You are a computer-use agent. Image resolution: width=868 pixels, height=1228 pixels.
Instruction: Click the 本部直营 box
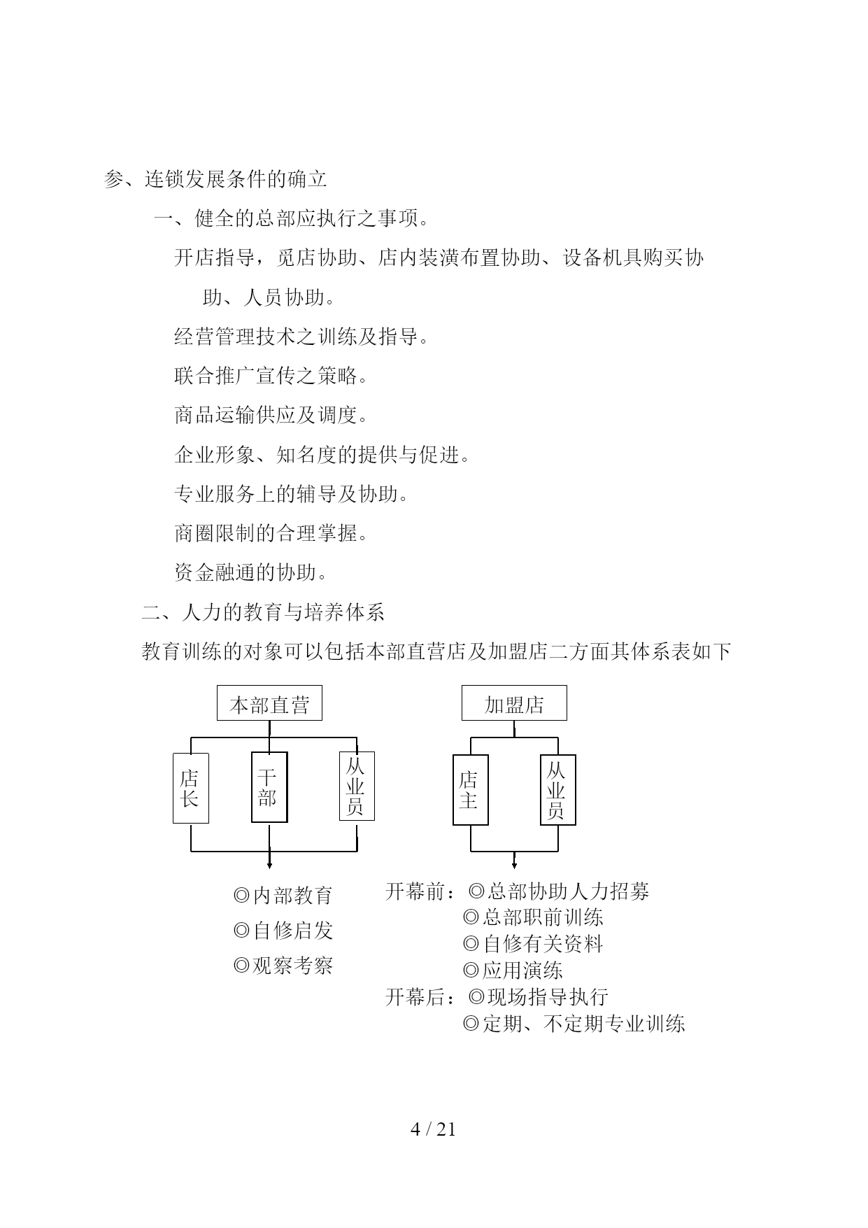tap(269, 703)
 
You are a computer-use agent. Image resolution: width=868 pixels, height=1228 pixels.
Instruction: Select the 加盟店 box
tap(514, 703)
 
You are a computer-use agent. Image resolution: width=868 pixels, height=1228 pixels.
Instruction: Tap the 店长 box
tap(191, 788)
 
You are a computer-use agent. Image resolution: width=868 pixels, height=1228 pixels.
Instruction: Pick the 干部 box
tap(269, 788)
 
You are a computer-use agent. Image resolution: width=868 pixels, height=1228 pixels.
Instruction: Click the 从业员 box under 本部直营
tap(357, 786)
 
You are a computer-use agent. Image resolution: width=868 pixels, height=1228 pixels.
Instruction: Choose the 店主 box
tap(471, 790)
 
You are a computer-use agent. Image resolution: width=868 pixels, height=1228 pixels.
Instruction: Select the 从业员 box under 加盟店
tap(558, 790)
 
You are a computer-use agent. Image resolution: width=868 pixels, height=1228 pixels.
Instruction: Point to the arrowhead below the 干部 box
tap(269, 866)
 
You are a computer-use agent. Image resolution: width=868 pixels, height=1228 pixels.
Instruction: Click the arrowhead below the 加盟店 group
tap(515, 866)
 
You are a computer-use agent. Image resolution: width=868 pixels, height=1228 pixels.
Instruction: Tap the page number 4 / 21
tap(433, 1129)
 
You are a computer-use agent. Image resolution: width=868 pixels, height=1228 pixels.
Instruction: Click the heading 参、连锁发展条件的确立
tap(215, 179)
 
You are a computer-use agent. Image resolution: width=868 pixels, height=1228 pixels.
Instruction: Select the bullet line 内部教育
tap(283, 895)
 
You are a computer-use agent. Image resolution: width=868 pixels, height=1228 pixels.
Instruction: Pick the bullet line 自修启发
tap(283, 930)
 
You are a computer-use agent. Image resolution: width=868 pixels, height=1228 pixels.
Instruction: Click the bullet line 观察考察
tap(283, 966)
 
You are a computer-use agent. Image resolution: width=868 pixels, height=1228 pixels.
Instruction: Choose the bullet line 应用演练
tap(513, 971)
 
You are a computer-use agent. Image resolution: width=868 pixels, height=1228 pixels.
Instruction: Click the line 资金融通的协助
tap(251, 573)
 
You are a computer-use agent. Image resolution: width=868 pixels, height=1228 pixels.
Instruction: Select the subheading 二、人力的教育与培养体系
tap(263, 612)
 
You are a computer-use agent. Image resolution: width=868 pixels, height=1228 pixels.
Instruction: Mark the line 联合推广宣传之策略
tap(271, 376)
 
